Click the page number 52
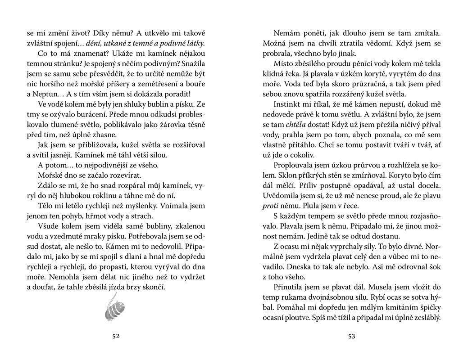117,336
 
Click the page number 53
351,336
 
